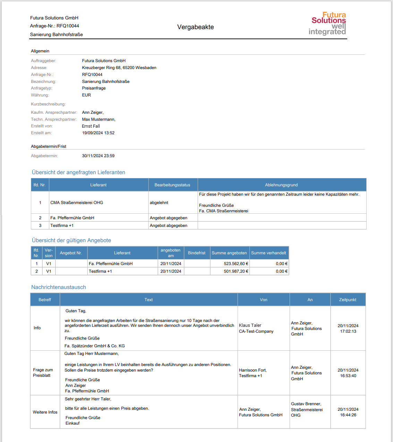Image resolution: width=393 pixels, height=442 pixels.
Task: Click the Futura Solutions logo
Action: coord(328,24)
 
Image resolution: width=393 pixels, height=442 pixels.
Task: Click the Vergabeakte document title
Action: coord(195,27)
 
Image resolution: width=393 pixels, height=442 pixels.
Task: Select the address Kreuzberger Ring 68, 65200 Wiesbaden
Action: coord(119,68)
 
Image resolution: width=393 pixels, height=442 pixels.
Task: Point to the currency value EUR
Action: coord(86,95)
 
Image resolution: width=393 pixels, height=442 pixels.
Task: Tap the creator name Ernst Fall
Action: coord(91,126)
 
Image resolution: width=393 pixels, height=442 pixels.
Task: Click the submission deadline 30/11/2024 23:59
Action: coord(98,156)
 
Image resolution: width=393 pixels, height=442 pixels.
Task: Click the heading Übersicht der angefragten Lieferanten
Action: coord(78,172)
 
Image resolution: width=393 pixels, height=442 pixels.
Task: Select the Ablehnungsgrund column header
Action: coord(281,185)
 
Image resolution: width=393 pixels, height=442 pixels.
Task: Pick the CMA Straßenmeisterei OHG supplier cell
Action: coord(77,203)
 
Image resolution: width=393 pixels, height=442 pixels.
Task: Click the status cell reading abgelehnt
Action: coord(159,203)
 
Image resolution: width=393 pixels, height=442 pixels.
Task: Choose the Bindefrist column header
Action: coord(197,253)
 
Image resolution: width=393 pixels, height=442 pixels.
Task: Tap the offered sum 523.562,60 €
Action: coord(236,264)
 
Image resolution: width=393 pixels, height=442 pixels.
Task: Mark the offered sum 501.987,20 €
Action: coord(236,271)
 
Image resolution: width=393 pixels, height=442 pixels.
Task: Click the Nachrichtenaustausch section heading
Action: coord(59,287)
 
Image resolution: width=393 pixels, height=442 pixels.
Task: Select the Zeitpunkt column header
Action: coord(348,300)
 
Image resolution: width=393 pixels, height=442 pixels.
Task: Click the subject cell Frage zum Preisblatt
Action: coord(43,373)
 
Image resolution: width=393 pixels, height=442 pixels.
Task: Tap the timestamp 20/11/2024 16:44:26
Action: coord(348,412)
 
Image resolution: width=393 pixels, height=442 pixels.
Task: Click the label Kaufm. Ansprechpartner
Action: coord(54,112)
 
